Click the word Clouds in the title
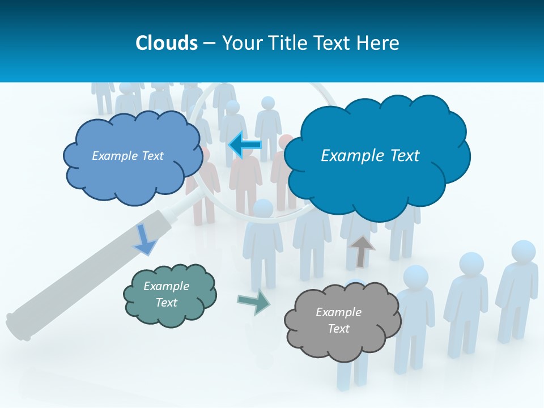tap(167, 43)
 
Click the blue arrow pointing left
tap(245, 145)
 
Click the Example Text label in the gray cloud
tap(338, 320)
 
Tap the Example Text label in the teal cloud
tap(166, 294)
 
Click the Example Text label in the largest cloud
tap(370, 156)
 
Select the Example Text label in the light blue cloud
tap(127, 156)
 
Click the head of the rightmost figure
tap(523, 252)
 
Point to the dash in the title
tap(209, 44)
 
